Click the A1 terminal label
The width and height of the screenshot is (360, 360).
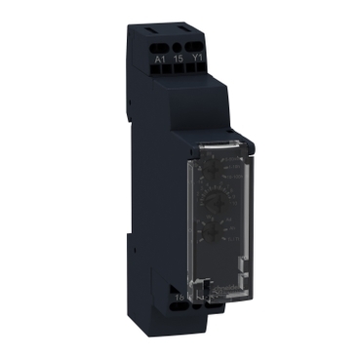coord(159,58)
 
